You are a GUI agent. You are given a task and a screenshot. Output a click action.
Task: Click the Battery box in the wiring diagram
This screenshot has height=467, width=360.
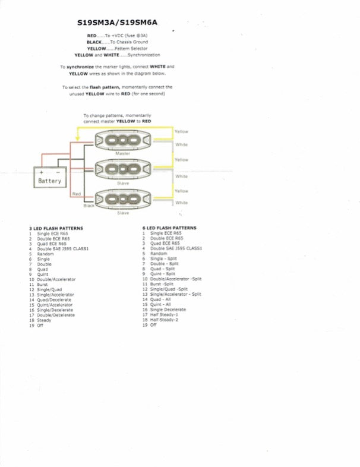point(49,176)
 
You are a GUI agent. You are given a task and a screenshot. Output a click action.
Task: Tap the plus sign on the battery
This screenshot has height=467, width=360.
point(41,171)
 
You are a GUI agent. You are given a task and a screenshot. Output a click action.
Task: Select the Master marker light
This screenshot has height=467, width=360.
point(123,141)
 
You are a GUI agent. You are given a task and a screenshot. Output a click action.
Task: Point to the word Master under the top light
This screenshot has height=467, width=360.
point(123,154)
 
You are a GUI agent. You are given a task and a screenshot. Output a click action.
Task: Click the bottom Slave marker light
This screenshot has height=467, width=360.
point(123,199)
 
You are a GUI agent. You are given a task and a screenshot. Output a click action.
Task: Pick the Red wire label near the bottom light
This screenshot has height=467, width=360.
point(76,194)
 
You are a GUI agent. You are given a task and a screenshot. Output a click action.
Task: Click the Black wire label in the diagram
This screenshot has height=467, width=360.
point(89,205)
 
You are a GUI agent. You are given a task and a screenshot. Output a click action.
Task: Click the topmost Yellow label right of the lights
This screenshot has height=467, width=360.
point(181,131)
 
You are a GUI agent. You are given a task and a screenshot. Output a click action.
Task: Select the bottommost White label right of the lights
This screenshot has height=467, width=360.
point(181,203)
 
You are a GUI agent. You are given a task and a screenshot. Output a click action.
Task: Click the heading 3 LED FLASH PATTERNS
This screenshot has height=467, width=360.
point(56,228)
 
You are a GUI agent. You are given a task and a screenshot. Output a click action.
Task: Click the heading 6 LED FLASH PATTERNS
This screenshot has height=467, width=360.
point(169,228)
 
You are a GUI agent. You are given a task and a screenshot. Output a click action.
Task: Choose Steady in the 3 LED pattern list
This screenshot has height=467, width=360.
point(44,320)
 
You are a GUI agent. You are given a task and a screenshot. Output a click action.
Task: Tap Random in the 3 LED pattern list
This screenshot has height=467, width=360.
point(45,254)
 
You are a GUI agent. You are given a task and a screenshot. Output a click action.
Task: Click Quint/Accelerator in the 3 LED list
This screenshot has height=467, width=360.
point(55,304)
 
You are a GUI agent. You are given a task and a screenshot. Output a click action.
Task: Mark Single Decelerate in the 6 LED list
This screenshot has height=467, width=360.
point(168,310)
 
